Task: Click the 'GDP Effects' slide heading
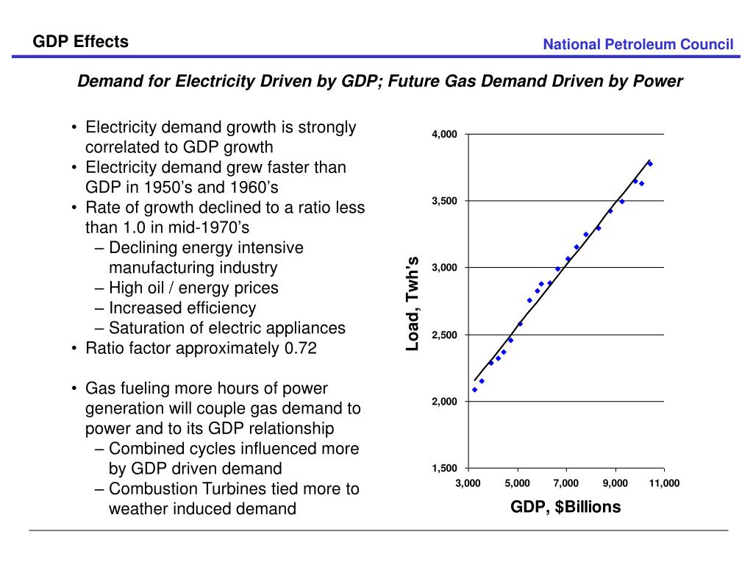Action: (x=81, y=42)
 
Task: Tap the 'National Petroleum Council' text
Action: (x=638, y=44)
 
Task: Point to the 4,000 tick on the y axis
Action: (x=444, y=135)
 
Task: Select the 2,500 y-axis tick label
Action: (x=444, y=335)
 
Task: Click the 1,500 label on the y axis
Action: (x=444, y=469)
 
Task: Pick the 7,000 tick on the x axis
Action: (x=566, y=483)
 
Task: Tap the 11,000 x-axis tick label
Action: (x=664, y=483)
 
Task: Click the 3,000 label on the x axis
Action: (x=468, y=483)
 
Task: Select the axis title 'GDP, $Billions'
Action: (x=565, y=507)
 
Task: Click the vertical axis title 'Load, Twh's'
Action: (x=413, y=304)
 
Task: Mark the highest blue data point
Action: (x=650, y=164)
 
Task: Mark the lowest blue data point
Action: (x=474, y=390)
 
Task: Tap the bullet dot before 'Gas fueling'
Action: (x=74, y=388)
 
